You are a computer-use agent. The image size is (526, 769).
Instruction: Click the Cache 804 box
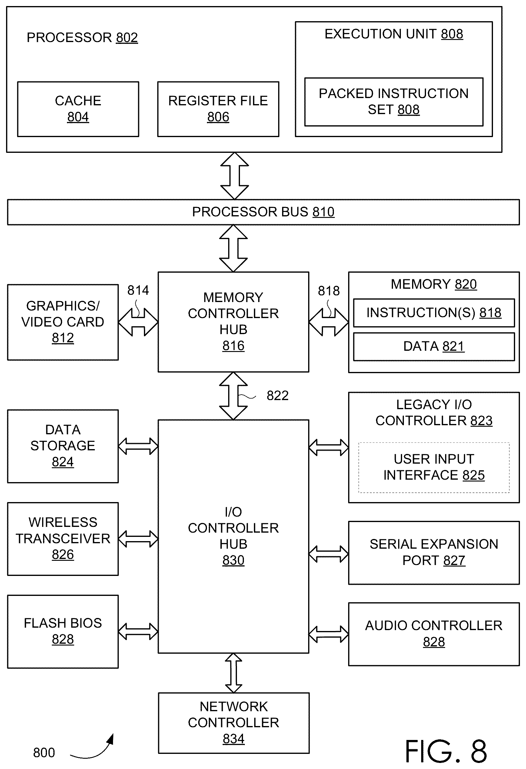click(x=78, y=109)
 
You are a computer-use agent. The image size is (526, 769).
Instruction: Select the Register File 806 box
click(x=218, y=109)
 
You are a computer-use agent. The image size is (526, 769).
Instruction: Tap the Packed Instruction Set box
click(x=394, y=102)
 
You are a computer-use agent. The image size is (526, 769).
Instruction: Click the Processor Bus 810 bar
click(x=263, y=212)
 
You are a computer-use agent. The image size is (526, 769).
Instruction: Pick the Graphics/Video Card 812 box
click(x=63, y=322)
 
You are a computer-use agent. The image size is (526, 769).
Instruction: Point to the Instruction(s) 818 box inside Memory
click(x=434, y=313)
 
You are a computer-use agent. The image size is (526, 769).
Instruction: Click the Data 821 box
click(x=434, y=347)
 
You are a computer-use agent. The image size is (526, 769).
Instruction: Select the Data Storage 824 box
click(x=63, y=446)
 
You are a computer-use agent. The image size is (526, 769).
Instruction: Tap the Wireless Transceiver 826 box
click(x=63, y=539)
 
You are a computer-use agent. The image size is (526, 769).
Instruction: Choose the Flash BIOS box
click(x=63, y=631)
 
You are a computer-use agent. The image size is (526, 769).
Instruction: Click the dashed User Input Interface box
click(x=434, y=468)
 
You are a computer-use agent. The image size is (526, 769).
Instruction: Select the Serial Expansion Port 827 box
click(x=434, y=553)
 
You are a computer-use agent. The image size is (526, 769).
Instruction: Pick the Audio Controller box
click(x=434, y=634)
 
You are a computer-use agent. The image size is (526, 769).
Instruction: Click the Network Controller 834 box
click(x=234, y=723)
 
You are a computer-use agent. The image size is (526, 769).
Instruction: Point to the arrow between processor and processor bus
click(x=235, y=176)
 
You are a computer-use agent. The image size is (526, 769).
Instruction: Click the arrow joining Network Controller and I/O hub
click(x=234, y=673)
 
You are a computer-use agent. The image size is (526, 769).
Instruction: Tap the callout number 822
click(x=278, y=396)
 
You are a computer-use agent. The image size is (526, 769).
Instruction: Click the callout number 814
click(x=138, y=290)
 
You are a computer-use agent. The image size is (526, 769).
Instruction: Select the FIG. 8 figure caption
click(x=446, y=751)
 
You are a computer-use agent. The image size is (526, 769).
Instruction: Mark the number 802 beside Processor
click(x=127, y=38)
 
